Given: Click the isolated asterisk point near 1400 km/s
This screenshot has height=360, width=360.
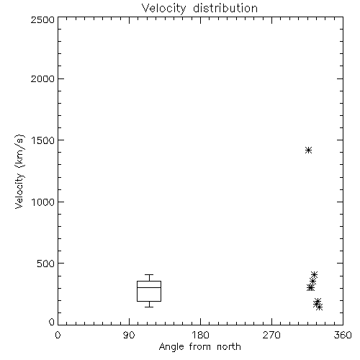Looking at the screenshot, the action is (308, 150).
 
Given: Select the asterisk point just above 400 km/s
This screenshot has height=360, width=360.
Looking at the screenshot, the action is (314, 274).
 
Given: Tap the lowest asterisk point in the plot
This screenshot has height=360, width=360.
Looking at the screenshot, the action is (319, 307).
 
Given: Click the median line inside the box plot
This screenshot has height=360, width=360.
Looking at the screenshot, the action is (149, 287).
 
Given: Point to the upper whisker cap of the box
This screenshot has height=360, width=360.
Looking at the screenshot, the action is (149, 274).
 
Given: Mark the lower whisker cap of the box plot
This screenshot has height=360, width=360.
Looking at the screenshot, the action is (149, 307).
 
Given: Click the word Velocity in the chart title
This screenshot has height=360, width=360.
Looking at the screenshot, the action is (164, 9).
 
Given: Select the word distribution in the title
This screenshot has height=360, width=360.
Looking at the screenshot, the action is (225, 8).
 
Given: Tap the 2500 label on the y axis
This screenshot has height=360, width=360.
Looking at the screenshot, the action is (42, 19).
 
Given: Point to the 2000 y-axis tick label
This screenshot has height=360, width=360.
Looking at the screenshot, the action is (42, 78).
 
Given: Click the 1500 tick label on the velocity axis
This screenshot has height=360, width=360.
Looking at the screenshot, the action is (43, 140).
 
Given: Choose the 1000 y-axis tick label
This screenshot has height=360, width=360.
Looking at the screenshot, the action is (43, 202).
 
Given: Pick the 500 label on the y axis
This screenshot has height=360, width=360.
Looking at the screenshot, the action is (46, 264).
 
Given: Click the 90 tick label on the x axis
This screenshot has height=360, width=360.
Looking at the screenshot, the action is (129, 335).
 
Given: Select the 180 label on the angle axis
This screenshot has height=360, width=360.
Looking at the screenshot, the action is (200, 335).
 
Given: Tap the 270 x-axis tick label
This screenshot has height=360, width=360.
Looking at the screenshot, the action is (271, 335).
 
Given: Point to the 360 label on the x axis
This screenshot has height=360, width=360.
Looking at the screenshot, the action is (343, 335).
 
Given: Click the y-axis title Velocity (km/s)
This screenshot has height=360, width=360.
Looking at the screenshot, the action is (19, 171).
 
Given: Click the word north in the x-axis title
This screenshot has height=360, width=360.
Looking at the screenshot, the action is (229, 347).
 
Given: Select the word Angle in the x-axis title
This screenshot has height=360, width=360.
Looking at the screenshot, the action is (171, 347).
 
